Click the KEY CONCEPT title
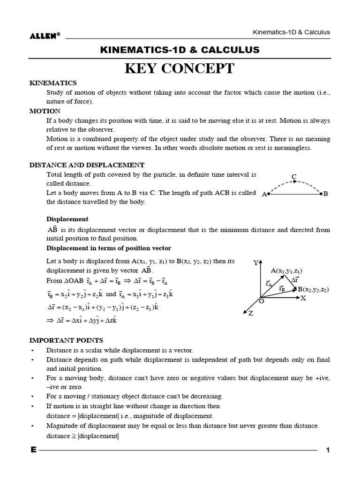pos(180,68)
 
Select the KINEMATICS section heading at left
pos(53,83)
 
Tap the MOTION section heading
pos(45,111)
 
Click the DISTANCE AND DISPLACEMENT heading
pos(87,165)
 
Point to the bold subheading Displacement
pos(67,219)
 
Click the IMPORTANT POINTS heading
pos(66,340)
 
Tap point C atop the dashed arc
pos(294,177)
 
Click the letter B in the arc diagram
pos(326,194)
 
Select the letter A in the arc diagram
pos(264,194)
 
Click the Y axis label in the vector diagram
pos(255,263)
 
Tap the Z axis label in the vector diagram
pos(251,314)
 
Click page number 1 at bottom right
pos(328,450)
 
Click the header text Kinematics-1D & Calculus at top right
pos(291,32)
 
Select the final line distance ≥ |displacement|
pos(82,436)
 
